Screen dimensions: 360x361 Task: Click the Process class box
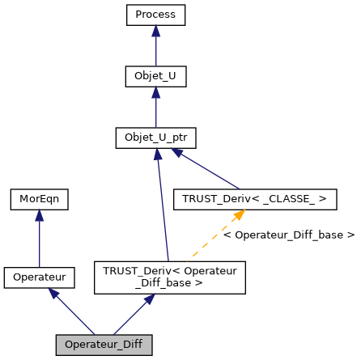pos(155,15)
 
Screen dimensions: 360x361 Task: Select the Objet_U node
pos(155,77)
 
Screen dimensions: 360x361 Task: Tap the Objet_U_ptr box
pos(155,138)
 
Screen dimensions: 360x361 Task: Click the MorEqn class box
pos(39,198)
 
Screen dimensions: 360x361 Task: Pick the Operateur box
pos(39,277)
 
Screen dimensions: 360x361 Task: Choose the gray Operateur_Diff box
pos(104,345)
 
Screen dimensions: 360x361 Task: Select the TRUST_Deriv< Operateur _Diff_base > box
pos(169,277)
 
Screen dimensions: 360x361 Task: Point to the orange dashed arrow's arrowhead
pos(238,214)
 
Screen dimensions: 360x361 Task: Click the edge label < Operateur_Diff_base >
pos(288,235)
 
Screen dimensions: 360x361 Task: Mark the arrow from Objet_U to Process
pos(155,49)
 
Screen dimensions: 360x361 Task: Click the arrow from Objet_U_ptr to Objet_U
pos(155,109)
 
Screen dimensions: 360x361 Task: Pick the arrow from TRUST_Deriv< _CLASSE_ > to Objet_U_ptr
pos(206,168)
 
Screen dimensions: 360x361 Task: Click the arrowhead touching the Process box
pos(155,31)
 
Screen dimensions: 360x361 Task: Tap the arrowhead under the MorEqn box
pos(39,214)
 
